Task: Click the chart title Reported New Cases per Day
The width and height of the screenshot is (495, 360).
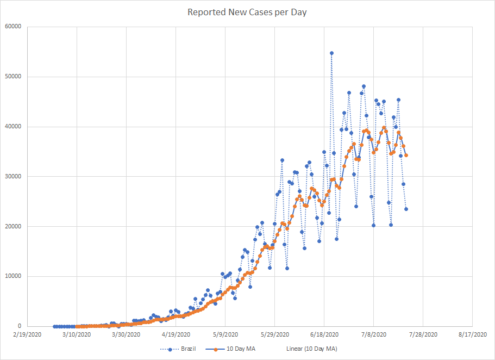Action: (247, 12)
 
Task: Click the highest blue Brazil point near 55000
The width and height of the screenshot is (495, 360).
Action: (331, 53)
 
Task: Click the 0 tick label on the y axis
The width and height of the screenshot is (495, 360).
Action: (18, 326)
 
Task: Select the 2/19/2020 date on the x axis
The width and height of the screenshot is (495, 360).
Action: (27, 335)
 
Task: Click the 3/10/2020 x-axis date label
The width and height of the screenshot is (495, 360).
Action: (77, 335)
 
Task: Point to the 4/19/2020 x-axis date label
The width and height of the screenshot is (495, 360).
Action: (176, 335)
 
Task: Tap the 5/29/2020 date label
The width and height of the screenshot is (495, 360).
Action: (274, 335)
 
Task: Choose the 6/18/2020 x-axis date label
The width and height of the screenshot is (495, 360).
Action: (324, 335)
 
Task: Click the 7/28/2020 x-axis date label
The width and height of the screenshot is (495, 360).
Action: (423, 335)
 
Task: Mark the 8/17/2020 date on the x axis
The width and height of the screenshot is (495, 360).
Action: (472, 335)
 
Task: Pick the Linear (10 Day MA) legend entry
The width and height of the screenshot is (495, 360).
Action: (311, 349)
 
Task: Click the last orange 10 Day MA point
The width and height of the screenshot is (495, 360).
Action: (406, 156)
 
